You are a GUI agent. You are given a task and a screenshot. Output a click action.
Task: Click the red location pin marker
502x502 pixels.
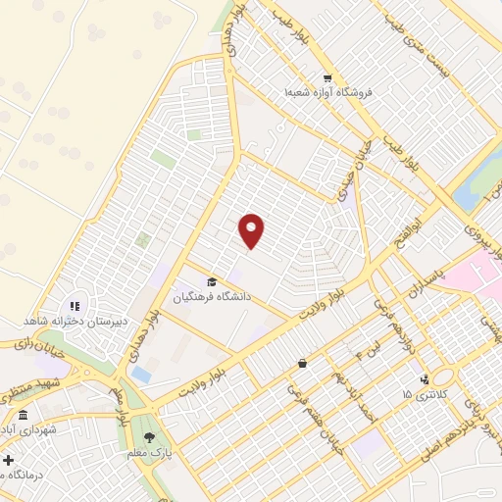click(252, 231)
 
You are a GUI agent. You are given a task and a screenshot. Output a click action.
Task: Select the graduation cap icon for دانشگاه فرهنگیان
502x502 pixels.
click(212, 282)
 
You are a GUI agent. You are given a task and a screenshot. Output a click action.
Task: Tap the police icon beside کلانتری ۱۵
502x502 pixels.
click(424, 379)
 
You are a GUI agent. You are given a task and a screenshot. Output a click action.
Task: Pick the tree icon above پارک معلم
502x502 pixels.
click(150, 438)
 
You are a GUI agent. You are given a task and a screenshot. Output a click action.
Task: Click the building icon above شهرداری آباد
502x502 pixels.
click(23, 415)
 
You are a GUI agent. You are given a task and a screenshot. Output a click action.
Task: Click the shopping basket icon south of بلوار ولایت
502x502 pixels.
click(302, 363)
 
